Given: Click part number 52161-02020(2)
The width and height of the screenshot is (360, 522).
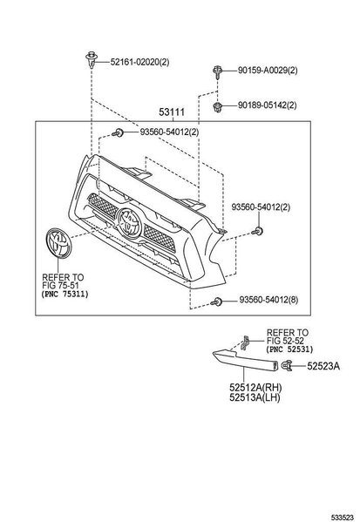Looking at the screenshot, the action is [x=139, y=62].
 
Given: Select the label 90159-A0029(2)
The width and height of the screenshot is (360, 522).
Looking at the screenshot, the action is [x=268, y=71].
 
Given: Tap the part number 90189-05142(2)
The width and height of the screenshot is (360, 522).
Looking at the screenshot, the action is [x=267, y=105].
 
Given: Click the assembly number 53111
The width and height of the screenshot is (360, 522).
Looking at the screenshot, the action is [x=172, y=112].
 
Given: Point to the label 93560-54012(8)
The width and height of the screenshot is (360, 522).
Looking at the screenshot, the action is [x=268, y=301].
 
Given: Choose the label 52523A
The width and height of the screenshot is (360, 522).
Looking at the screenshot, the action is [x=323, y=366].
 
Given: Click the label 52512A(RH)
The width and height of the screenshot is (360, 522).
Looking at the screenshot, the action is [x=255, y=388].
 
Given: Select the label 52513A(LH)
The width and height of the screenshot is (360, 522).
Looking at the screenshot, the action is [x=255, y=397].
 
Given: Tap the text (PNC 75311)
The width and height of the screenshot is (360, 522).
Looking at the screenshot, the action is [x=65, y=295].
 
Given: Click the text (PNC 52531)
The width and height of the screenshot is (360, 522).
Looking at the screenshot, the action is [x=289, y=349].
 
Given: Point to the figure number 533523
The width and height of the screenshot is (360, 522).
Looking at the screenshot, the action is [x=342, y=518].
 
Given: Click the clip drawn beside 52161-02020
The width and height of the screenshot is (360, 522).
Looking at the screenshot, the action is [x=91, y=59].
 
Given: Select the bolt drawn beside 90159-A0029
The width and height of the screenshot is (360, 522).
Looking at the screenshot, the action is [x=217, y=72].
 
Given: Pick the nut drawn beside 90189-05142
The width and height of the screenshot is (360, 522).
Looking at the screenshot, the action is [x=217, y=107].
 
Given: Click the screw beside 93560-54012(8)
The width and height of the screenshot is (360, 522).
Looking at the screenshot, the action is [x=216, y=302].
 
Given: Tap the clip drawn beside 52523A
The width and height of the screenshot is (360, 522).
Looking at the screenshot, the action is [x=286, y=365].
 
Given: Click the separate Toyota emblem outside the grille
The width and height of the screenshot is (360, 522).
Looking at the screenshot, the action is [x=58, y=242].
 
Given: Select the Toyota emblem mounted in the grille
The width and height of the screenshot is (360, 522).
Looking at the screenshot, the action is [x=130, y=223].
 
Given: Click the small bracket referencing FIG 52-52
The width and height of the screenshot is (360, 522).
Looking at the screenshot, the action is [x=246, y=342].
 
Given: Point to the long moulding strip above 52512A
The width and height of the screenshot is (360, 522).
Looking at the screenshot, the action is [x=246, y=361].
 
